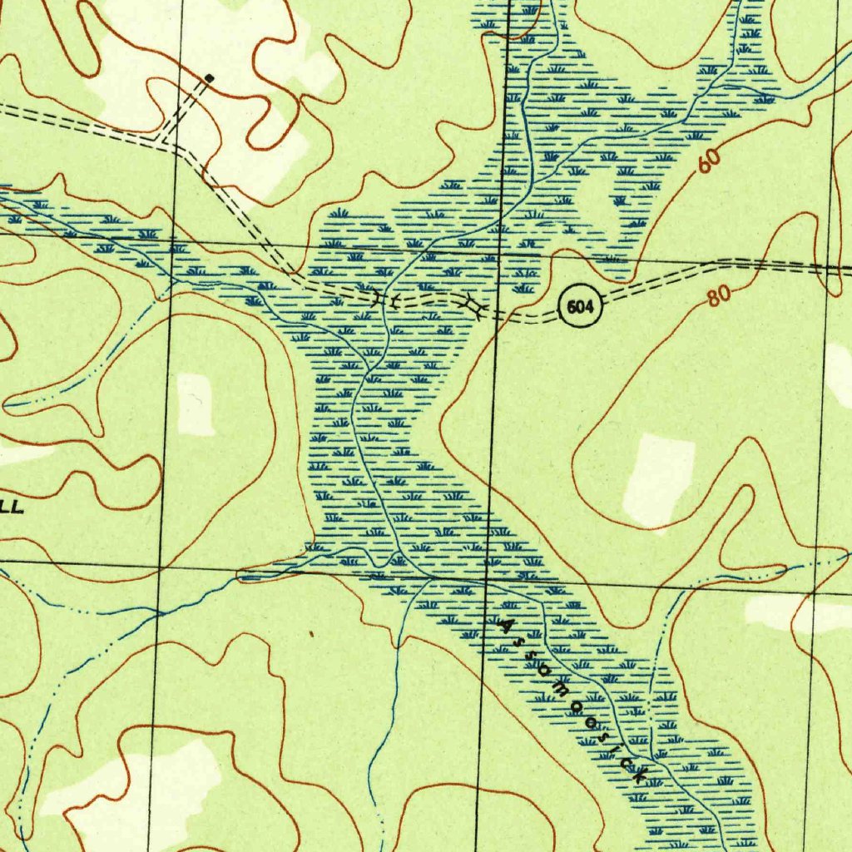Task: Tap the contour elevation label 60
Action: coord(708,161)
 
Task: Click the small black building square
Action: coord(209,78)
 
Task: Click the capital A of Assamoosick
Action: coord(502,622)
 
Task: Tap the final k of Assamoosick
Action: coord(641,776)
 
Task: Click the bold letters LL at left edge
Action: coord(12,506)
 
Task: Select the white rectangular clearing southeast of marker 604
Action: coord(659,478)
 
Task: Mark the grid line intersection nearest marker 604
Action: coord(497,250)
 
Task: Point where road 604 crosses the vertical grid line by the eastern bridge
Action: coord(495,315)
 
